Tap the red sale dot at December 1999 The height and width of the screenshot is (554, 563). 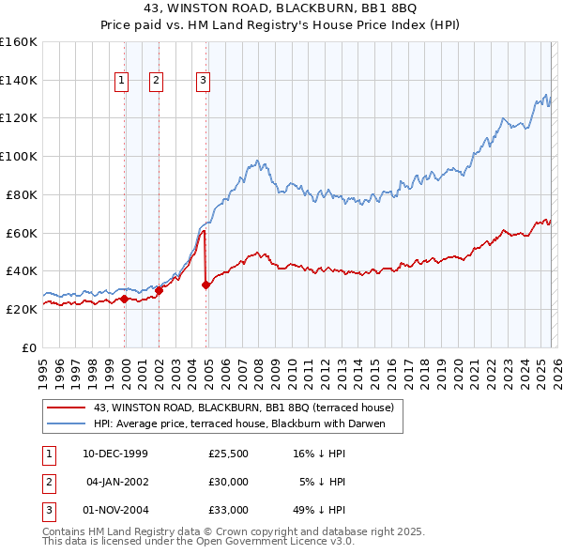click(x=125, y=299)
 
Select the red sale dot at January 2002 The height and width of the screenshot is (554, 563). click(x=159, y=290)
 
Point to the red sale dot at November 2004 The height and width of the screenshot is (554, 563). click(x=205, y=285)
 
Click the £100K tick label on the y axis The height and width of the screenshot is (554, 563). click(x=18, y=156)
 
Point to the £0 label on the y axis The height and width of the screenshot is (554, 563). click(x=28, y=347)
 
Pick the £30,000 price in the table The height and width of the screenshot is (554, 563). click(x=229, y=482)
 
